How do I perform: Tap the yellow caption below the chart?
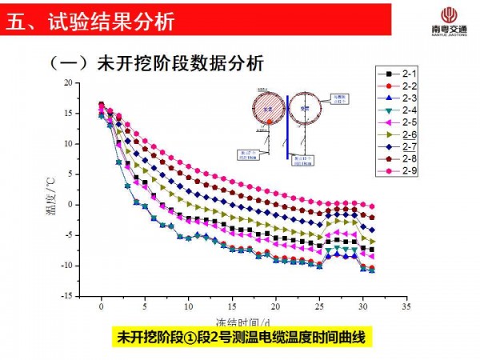pyautogui.click(x=240, y=337)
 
